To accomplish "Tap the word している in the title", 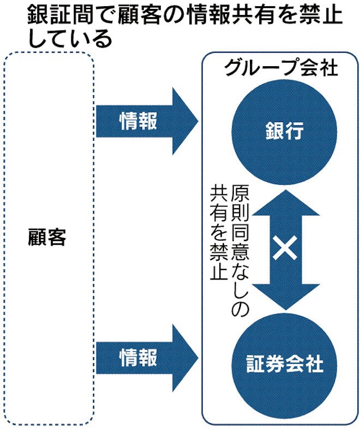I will point(70,38).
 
